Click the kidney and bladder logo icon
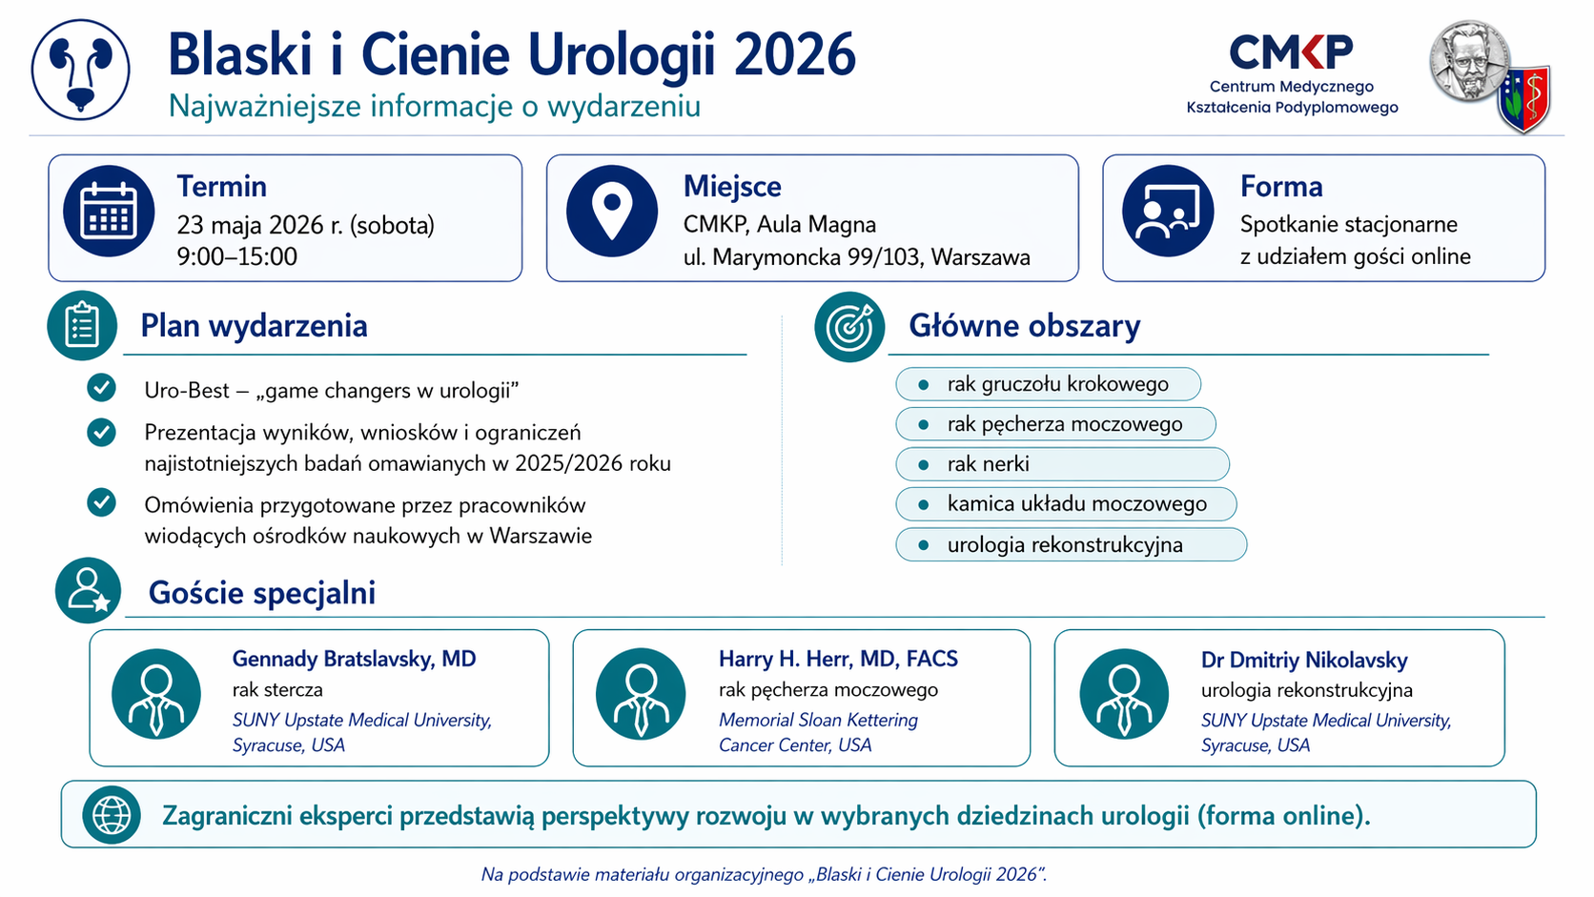pyautogui.click(x=80, y=70)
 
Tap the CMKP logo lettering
pyautogui.click(x=1292, y=51)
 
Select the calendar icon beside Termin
pyautogui.click(x=109, y=211)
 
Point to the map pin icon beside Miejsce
pyautogui.click(x=612, y=211)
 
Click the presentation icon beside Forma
pyautogui.click(x=1168, y=211)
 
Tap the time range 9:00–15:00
pyautogui.click(x=237, y=256)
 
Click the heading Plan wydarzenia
pyautogui.click(x=254, y=326)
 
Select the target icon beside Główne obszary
pyautogui.click(x=849, y=327)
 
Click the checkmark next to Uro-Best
pyautogui.click(x=101, y=388)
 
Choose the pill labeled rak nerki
pyautogui.click(x=1062, y=464)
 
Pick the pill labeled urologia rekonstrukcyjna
pyautogui.click(x=1071, y=545)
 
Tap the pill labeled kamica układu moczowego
pyautogui.click(x=1066, y=504)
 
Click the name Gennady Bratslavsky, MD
pyautogui.click(x=354, y=659)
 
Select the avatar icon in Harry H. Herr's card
pyautogui.click(x=641, y=694)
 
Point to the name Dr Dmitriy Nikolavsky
pyautogui.click(x=1304, y=661)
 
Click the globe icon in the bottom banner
pyautogui.click(x=112, y=814)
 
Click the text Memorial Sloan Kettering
pyautogui.click(x=818, y=720)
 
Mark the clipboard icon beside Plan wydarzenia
pyautogui.click(x=82, y=326)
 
